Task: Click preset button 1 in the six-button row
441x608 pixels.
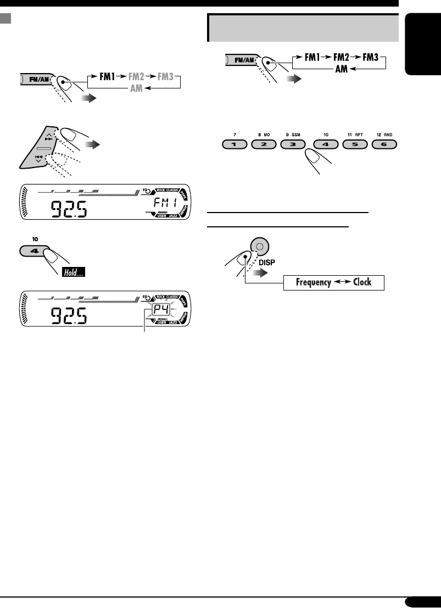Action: point(235,146)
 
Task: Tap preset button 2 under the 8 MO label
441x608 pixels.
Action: point(264,146)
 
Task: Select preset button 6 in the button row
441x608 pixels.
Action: point(384,146)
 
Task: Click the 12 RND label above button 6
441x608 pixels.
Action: point(384,134)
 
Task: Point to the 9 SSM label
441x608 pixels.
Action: point(294,134)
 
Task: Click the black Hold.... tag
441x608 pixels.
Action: point(73,273)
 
